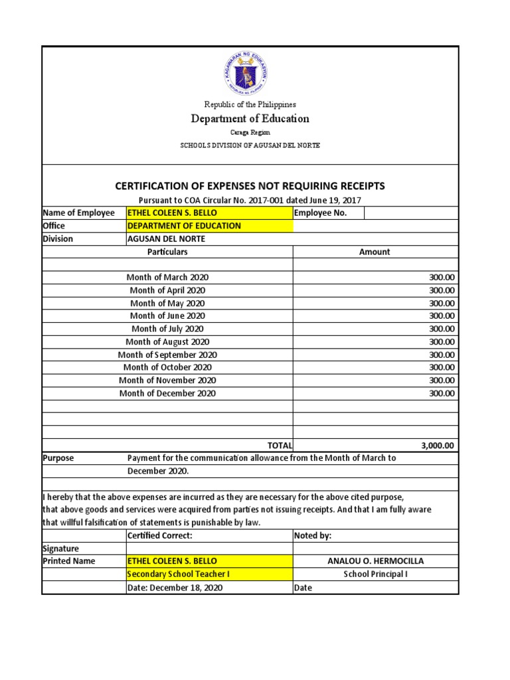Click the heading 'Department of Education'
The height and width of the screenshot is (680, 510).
250,119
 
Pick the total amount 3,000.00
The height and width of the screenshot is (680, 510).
438,446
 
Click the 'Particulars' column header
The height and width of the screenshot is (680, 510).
167,252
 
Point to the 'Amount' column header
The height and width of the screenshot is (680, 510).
375,252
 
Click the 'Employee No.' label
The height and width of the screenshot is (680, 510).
320,213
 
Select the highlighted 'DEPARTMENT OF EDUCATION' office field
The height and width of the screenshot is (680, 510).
184,226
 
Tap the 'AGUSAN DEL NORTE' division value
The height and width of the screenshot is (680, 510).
166,239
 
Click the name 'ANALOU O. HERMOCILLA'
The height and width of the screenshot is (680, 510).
375,561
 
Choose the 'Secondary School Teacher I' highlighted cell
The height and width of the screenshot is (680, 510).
179,574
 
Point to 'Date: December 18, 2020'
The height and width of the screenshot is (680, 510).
175,588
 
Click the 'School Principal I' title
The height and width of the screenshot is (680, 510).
375,574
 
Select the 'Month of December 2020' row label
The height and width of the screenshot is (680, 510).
167,394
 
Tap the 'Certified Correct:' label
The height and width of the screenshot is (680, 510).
159,536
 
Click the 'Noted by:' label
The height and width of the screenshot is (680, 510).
312,536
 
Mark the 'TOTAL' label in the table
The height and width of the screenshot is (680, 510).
279,446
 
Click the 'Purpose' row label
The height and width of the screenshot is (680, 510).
58,458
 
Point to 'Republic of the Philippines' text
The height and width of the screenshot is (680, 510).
250,104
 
